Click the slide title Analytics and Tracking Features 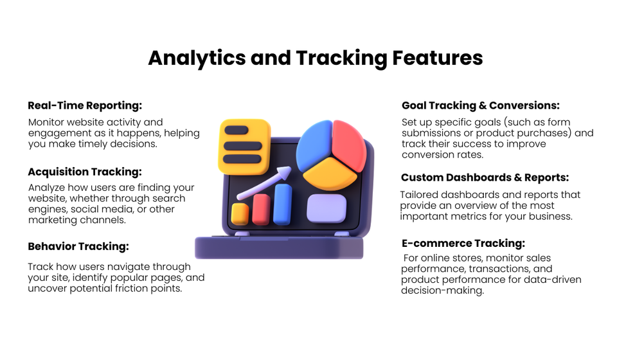[315, 58]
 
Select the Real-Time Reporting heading [85, 105]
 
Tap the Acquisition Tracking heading [85, 172]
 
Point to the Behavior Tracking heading [78, 246]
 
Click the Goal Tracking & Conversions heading [481, 105]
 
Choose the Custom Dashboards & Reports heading [485, 177]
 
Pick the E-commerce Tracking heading [463, 243]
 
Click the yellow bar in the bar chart [240, 214]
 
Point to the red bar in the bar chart [261, 209]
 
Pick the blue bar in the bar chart [282, 204]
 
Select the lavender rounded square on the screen [326, 208]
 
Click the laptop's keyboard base [280, 248]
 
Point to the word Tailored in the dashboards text [423, 195]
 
